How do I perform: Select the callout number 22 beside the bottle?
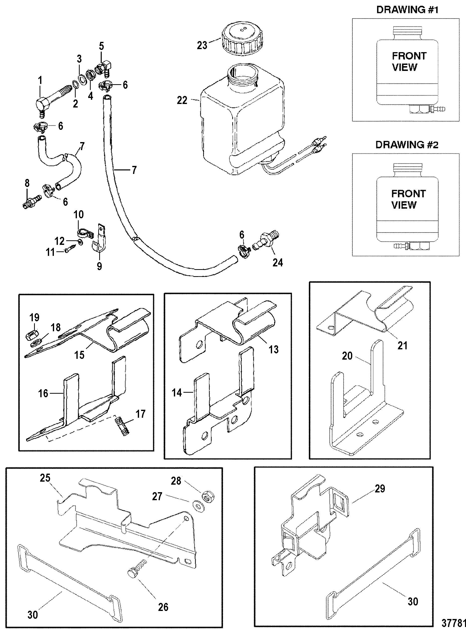(182, 100)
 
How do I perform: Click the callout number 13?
(274, 349)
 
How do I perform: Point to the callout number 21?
(402, 345)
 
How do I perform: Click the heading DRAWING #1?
(407, 10)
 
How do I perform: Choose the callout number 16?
(43, 393)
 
